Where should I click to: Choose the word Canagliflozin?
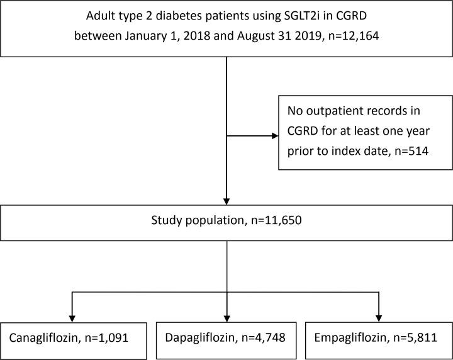coord(48,339)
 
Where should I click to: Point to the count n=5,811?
coord(413,339)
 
